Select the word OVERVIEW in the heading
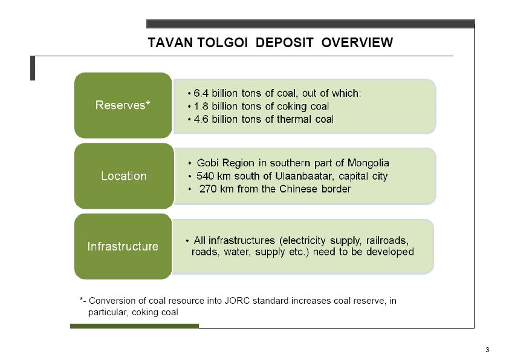[x=357, y=42]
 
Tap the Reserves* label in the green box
[x=123, y=105]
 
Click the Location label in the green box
[x=123, y=176]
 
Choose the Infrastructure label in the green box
[x=123, y=246]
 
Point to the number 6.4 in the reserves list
[x=201, y=93]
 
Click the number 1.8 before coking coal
[x=201, y=106]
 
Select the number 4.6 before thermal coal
[x=201, y=119]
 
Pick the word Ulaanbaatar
[x=303, y=176]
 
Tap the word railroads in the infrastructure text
[x=387, y=240]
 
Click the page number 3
[x=487, y=350]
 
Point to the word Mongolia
[x=368, y=163]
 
